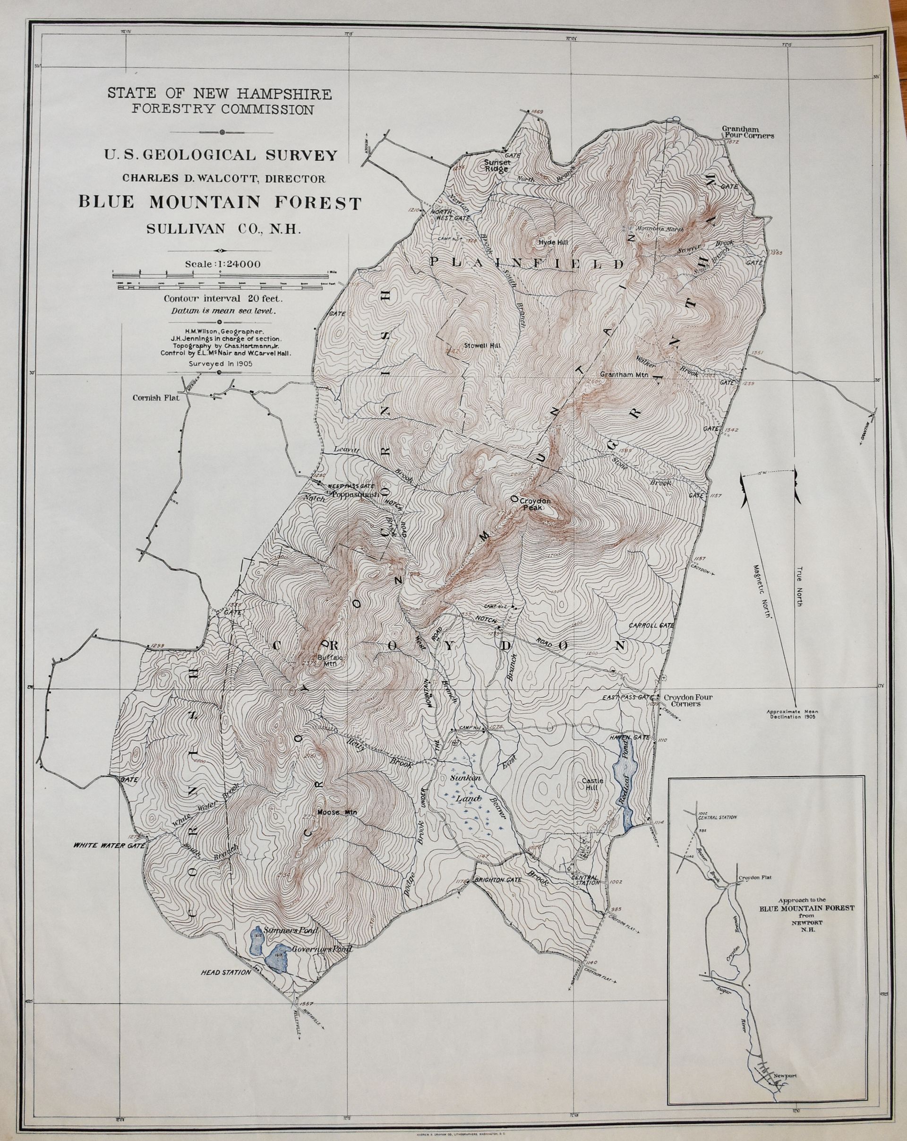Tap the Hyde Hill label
[553, 242]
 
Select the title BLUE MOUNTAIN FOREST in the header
[220, 203]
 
